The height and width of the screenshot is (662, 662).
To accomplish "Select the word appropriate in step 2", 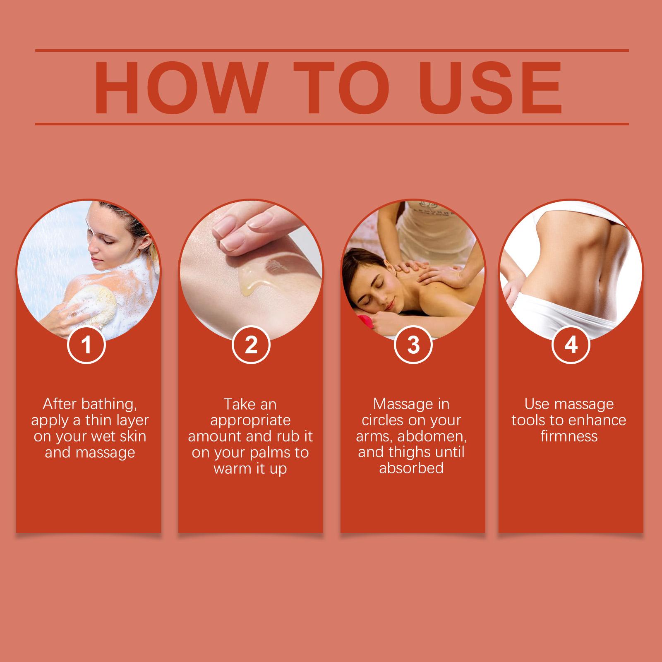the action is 251,420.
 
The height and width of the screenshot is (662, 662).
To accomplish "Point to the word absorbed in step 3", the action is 411,468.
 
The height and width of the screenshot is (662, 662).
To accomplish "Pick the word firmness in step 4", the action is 569,437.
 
